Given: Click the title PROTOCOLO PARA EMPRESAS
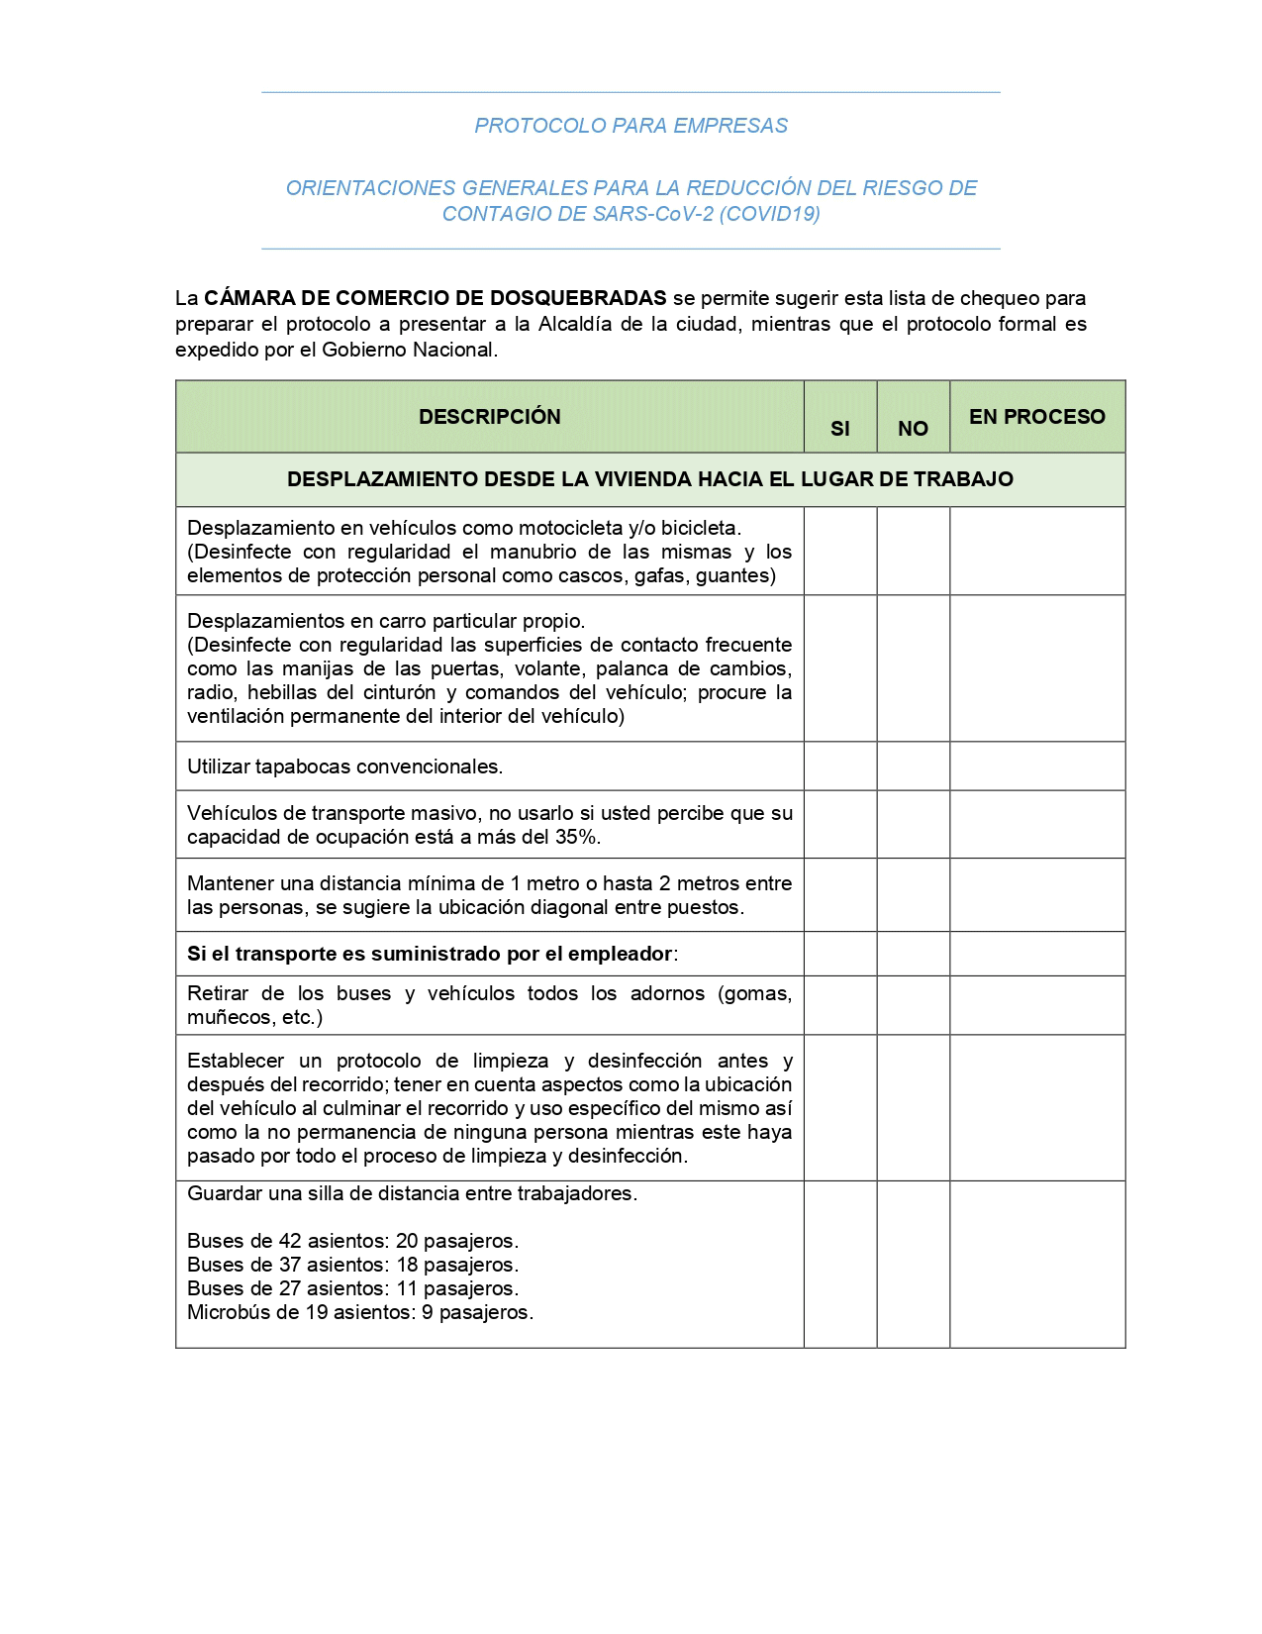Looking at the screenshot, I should click(631, 126).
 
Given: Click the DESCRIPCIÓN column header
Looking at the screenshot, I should click(489, 417).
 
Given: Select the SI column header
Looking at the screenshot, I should click(839, 429).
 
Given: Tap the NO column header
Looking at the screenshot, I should click(913, 429).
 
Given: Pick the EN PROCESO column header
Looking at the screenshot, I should click(1036, 417).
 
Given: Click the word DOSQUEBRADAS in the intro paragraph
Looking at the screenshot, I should click(578, 298).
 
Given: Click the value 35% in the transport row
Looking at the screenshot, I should click(579, 837).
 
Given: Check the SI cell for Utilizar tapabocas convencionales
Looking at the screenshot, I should click(839, 766).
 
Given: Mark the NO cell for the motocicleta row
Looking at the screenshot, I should click(913, 551).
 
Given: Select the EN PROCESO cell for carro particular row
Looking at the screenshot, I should click(1036, 668).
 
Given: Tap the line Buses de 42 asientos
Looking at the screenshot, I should click(352, 1241).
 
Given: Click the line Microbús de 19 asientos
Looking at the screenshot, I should click(360, 1312).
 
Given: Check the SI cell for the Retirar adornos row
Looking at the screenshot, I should click(839, 1005).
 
